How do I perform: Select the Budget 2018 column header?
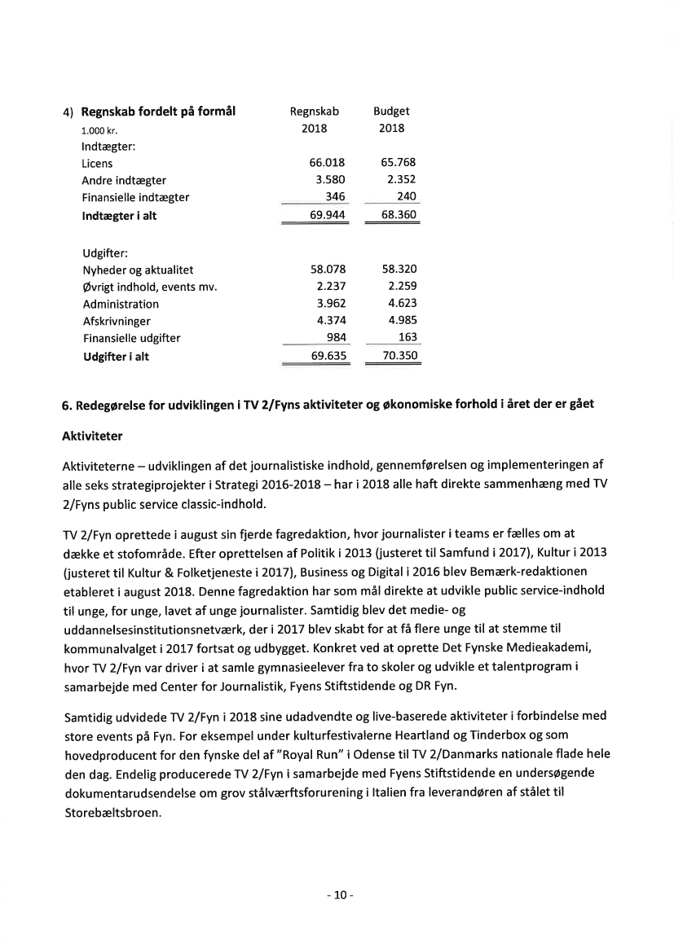point(391,120)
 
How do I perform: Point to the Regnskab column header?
point(315,112)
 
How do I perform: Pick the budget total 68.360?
point(399,215)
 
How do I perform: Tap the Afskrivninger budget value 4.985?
point(402,321)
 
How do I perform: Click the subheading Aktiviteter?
point(92,437)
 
